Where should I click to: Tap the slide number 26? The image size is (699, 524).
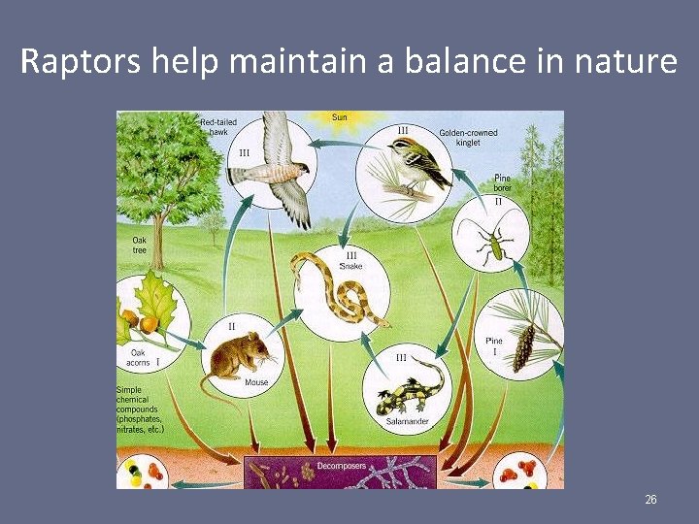click(650, 500)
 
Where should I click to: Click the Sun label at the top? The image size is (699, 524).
click(340, 117)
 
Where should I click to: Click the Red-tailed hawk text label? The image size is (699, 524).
click(218, 127)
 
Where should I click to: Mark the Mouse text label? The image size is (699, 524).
click(256, 382)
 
